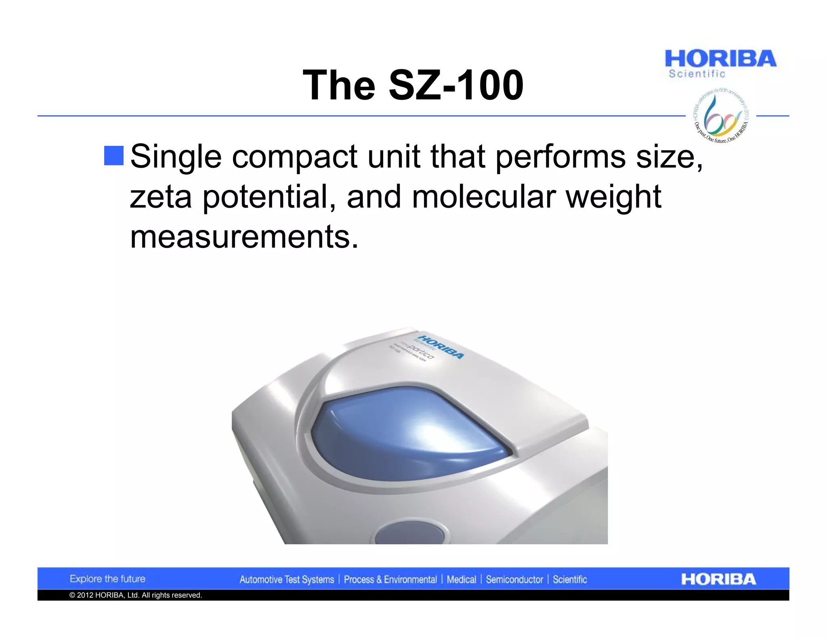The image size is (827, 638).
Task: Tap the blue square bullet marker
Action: [x=114, y=156]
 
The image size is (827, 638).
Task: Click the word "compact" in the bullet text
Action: [x=294, y=156]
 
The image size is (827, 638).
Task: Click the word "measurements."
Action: [x=244, y=237]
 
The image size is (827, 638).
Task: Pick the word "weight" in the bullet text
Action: [x=613, y=198]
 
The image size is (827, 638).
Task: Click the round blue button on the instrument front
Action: [x=409, y=534]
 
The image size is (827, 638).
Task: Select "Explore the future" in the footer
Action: [x=107, y=579]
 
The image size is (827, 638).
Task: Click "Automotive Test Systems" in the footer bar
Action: [x=287, y=580]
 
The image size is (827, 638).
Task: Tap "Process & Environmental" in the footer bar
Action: [x=390, y=580]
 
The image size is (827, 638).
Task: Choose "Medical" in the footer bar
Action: [x=461, y=580]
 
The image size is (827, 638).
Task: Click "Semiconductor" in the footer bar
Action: [x=514, y=580]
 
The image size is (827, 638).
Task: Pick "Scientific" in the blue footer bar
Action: [x=569, y=580]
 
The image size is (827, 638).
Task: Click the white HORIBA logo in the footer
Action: [x=718, y=579]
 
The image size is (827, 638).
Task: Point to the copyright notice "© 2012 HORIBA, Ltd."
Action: [x=135, y=595]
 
